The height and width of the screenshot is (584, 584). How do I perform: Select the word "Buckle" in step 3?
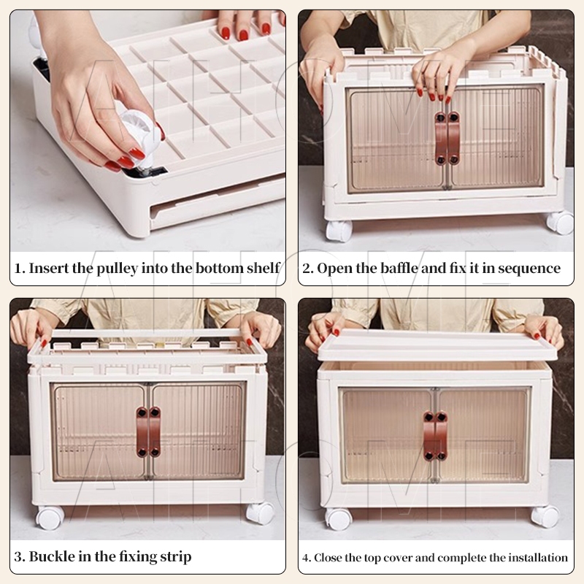tap(52, 557)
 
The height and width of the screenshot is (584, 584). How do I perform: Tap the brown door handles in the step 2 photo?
tap(447, 138)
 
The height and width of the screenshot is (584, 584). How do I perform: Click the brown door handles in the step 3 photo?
tap(148, 431)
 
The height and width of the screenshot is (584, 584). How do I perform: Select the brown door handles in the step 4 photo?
tap(435, 436)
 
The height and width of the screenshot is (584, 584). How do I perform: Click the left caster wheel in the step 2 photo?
tap(339, 231)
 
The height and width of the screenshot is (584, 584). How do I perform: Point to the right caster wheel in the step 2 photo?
tap(560, 223)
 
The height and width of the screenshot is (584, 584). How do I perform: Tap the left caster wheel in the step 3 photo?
tap(50, 518)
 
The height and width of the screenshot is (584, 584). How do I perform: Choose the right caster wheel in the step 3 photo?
tap(260, 512)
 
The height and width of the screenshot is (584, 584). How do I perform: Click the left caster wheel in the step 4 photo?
tap(338, 518)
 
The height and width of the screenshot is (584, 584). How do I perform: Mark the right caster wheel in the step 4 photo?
tap(545, 516)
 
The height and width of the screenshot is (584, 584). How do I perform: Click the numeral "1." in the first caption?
tap(20, 268)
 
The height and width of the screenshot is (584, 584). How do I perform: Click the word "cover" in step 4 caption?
tap(398, 558)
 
